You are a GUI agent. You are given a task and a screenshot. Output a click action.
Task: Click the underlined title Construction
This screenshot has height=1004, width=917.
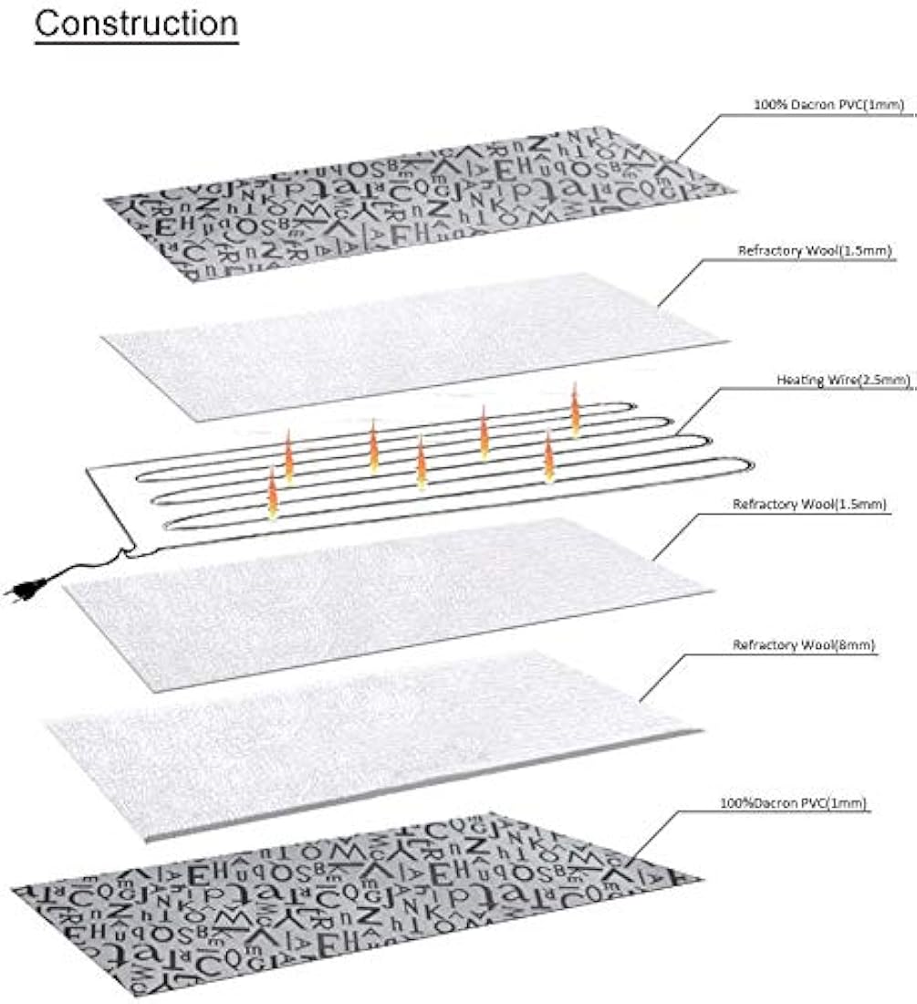point(136,24)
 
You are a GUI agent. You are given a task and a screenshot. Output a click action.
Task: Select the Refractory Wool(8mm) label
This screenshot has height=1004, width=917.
point(804,645)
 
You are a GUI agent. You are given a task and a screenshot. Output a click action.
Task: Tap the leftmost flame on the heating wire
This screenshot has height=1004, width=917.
point(272,493)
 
